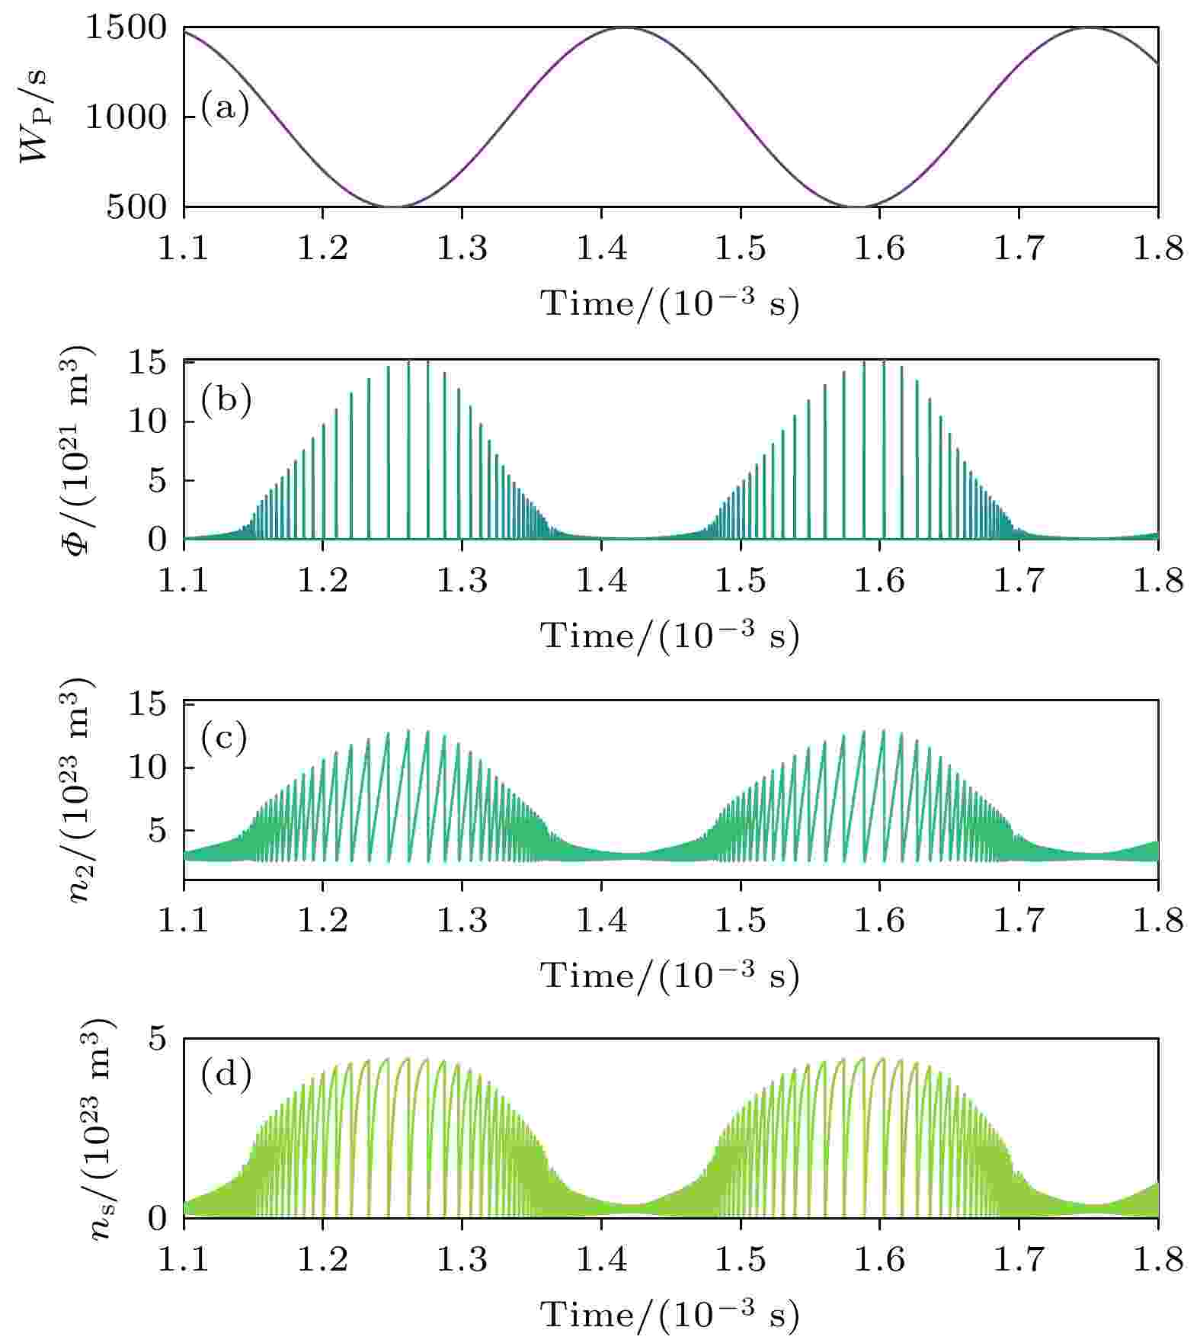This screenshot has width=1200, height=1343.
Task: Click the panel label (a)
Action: point(226,109)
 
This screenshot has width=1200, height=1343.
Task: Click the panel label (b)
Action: point(226,401)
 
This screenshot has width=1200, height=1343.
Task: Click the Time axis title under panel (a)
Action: point(670,303)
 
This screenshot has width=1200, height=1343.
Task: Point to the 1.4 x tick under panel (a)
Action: point(602,248)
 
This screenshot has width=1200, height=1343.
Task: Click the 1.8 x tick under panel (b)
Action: point(1158,581)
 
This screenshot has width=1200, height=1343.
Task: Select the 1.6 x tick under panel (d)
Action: point(880,1259)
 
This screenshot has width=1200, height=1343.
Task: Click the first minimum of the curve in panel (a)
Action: point(392,207)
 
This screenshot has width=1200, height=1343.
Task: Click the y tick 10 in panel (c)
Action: point(145,767)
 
